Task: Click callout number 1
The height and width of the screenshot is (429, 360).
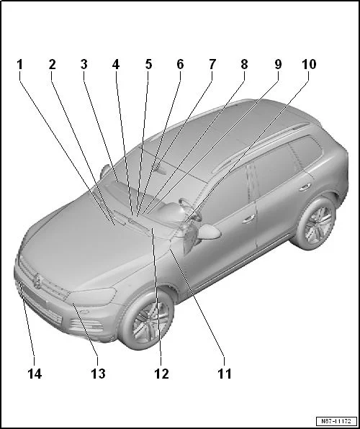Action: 19,65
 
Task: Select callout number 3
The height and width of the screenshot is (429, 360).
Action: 84,65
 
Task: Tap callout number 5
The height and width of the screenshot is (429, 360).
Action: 148,65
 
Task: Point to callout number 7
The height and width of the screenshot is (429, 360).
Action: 212,65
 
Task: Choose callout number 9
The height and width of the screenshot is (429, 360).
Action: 278,65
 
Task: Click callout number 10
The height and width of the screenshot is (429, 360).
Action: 309,65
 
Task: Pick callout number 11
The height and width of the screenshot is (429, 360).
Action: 224,374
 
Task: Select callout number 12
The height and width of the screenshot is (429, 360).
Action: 161,374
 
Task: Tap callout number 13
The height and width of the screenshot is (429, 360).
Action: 98,374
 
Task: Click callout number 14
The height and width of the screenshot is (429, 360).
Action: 35,374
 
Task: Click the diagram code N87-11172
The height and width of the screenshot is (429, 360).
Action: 336,421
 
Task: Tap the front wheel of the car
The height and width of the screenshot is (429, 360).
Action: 146,320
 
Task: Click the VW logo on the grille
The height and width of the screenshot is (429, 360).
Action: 37,281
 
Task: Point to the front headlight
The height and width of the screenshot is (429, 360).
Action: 91,297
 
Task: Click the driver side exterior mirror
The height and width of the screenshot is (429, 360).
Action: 209,232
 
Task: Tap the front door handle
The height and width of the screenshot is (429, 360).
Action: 248,218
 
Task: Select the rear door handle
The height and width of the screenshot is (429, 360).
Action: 305,187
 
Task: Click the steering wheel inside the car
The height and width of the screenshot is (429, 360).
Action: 189,209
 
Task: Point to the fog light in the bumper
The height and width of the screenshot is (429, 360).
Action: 85,312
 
